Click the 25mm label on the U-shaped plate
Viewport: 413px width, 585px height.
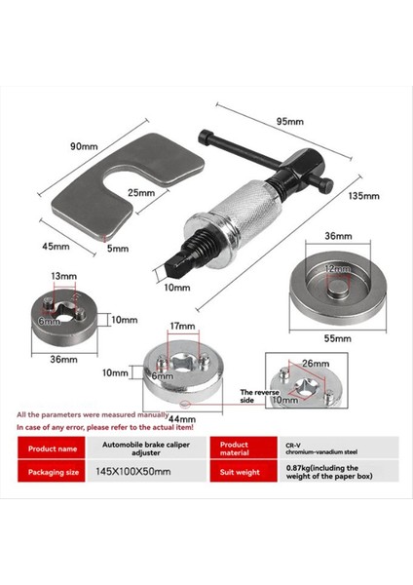[x=142, y=193]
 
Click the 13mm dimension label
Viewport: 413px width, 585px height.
[x=62, y=276]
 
